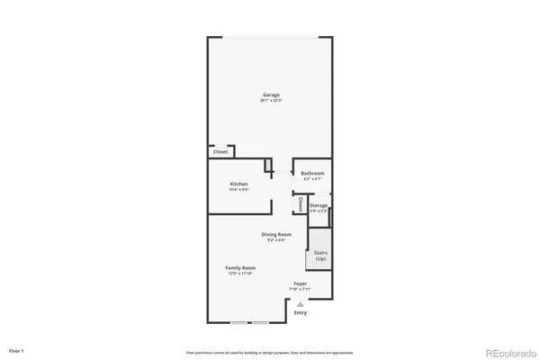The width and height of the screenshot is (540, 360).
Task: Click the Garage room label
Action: (x=271, y=94)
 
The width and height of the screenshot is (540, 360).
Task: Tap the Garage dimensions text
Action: (x=271, y=101)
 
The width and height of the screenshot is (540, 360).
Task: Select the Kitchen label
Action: (x=238, y=183)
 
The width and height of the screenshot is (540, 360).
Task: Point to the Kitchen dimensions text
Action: (x=238, y=189)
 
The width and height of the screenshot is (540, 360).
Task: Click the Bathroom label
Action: (x=312, y=173)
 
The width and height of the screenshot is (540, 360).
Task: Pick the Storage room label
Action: (x=319, y=205)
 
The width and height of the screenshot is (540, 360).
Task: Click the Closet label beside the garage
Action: (x=220, y=152)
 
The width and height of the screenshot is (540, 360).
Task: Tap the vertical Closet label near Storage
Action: (x=298, y=204)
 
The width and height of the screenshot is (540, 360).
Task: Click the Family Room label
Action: (x=241, y=267)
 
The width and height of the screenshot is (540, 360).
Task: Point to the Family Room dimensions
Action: (x=241, y=274)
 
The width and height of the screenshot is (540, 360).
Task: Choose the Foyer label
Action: (x=300, y=283)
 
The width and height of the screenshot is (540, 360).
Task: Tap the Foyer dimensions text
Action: (x=300, y=289)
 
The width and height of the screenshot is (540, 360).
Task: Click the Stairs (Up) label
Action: (x=319, y=256)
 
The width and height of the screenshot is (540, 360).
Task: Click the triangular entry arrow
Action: (x=300, y=304)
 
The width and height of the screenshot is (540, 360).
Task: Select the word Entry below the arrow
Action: (x=300, y=313)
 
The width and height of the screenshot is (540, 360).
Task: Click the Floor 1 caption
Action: (x=17, y=349)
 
